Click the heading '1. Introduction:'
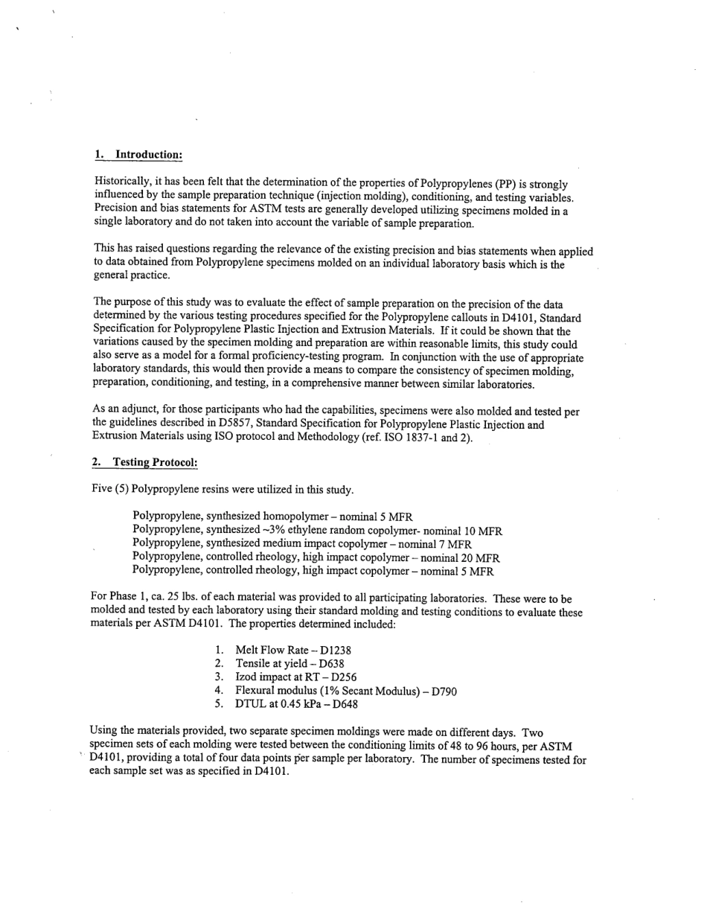[x=138, y=155]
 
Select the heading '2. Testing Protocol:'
[x=144, y=462]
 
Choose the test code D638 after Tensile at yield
[x=331, y=664]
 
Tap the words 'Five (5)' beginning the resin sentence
[x=109, y=490]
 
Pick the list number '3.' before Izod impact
[x=219, y=677]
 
